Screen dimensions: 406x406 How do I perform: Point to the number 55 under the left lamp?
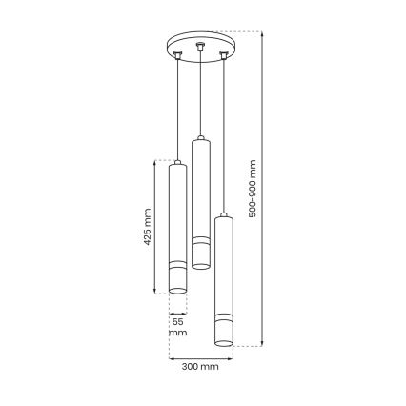click(x=177, y=321)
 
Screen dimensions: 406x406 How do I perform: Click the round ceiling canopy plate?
click(x=199, y=47)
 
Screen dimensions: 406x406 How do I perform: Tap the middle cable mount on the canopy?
click(x=199, y=45)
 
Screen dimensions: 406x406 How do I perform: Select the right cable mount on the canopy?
click(x=224, y=55)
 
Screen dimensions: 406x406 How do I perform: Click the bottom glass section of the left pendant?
click(x=177, y=279)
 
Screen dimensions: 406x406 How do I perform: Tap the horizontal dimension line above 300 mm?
click(x=200, y=358)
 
